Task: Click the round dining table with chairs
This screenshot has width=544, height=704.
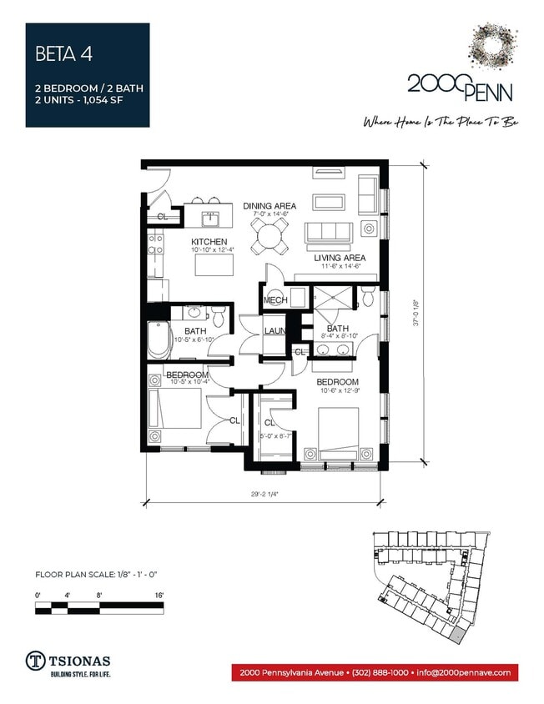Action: coord(270,237)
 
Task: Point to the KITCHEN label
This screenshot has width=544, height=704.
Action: coord(209,242)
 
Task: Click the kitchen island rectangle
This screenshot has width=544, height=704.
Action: coord(214,264)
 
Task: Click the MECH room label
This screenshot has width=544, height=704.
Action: coord(275,300)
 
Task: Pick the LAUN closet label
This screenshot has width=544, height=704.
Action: coord(275,331)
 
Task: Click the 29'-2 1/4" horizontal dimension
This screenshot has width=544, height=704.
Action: coord(264,493)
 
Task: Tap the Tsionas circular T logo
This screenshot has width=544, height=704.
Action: coord(36,659)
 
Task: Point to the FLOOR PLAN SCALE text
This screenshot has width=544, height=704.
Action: coord(99,574)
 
